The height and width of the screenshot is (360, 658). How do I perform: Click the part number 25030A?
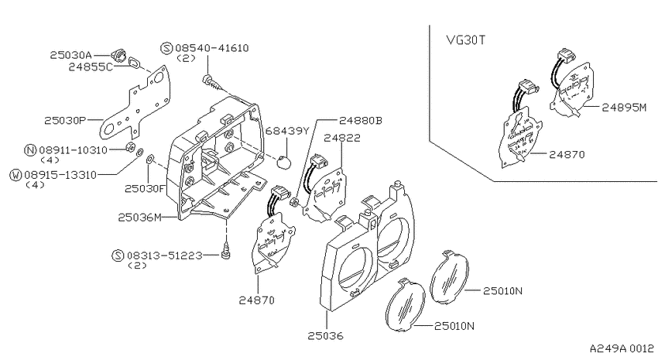coord(70,55)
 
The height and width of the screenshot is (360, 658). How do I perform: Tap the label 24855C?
coord(91,67)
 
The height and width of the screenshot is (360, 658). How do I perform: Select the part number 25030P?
coord(65,121)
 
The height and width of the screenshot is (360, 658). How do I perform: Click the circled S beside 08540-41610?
coord(166,48)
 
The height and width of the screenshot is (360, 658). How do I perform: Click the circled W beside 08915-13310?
coord(15,175)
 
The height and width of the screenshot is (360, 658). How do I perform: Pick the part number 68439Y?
coord(287,131)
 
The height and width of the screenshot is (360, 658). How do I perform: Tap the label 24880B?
coord(361,121)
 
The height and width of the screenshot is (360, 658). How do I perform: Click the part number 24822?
coord(342,138)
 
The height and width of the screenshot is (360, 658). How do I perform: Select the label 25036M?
coord(140,218)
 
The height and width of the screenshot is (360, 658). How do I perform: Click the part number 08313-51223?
coord(164,255)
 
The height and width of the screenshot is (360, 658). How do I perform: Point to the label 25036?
coord(325,336)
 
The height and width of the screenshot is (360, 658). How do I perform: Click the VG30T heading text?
coord(465,40)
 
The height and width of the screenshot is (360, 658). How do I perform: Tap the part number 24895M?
coord(625,108)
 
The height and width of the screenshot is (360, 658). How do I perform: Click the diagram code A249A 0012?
coord(622,348)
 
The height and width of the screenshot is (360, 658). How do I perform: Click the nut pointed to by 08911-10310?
coord(130,146)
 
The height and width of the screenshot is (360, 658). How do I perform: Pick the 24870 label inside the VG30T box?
coord(567,154)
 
